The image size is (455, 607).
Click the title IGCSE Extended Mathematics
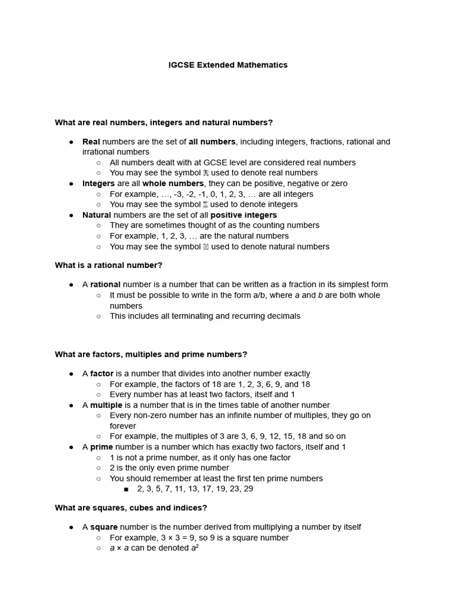(x=228, y=65)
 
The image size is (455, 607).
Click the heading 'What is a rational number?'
(x=108, y=265)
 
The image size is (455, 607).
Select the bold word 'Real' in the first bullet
(x=91, y=142)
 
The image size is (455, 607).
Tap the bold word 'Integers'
(x=98, y=184)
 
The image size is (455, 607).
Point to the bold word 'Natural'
(x=97, y=215)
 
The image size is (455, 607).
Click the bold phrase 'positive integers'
(x=243, y=215)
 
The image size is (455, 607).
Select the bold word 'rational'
(x=105, y=285)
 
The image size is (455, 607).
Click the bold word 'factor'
(x=101, y=374)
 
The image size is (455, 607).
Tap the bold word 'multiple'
(x=106, y=405)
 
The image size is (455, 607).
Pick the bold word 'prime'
(x=101, y=447)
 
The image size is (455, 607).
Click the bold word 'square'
(x=104, y=527)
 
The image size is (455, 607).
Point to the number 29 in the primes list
(x=248, y=489)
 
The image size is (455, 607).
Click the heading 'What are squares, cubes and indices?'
(x=131, y=508)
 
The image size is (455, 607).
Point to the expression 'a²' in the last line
(x=194, y=548)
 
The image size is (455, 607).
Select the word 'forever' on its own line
(x=123, y=426)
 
